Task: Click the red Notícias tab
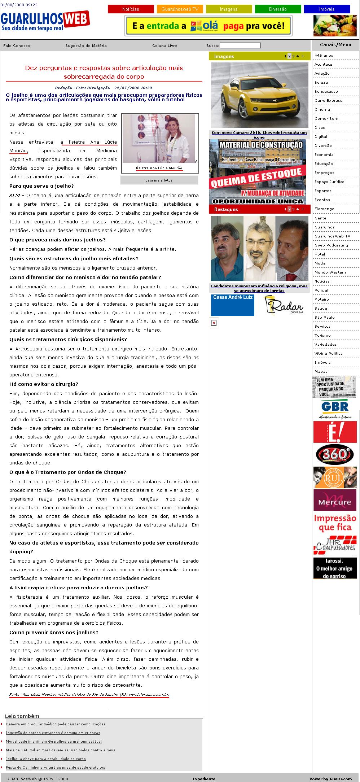click(x=131, y=9)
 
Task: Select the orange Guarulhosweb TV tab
click(x=180, y=9)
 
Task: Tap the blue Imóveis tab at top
click(x=327, y=9)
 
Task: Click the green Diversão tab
click(x=278, y=9)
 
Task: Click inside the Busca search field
click(x=240, y=45)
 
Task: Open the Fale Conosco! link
click(x=17, y=45)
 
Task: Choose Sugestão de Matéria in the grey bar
click(x=86, y=45)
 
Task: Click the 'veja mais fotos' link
click(x=159, y=180)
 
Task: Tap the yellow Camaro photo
click(x=259, y=95)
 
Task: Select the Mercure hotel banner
click(x=335, y=500)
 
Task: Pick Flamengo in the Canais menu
click(x=324, y=209)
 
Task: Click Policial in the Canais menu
click(x=321, y=290)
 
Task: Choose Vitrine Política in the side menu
click(x=328, y=353)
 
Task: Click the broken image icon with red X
click(x=214, y=323)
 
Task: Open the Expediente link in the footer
click(x=204, y=779)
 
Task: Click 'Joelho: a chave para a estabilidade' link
click(x=46, y=759)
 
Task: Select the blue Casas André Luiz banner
click(x=233, y=305)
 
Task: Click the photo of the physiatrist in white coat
click(x=159, y=139)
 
